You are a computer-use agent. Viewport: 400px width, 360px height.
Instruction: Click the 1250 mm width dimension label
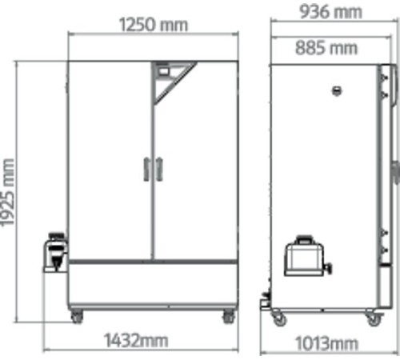pyautogui.click(x=154, y=25)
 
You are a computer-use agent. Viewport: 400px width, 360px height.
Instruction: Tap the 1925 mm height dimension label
pyautogui.click(x=7, y=192)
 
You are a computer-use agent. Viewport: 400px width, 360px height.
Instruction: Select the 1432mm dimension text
pyautogui.click(x=136, y=340)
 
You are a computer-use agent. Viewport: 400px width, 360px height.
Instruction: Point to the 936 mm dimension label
pyautogui.click(x=330, y=12)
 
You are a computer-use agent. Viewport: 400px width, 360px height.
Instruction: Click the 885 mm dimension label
pyautogui.click(x=326, y=48)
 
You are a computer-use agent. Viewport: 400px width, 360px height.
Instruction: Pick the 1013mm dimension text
pyautogui.click(x=327, y=343)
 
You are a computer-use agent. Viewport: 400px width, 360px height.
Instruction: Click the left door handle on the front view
pyautogui.click(x=146, y=170)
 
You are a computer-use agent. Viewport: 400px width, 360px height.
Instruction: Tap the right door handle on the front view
pyautogui.click(x=159, y=170)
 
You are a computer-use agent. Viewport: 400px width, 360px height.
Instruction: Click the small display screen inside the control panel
pyautogui.click(x=164, y=71)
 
